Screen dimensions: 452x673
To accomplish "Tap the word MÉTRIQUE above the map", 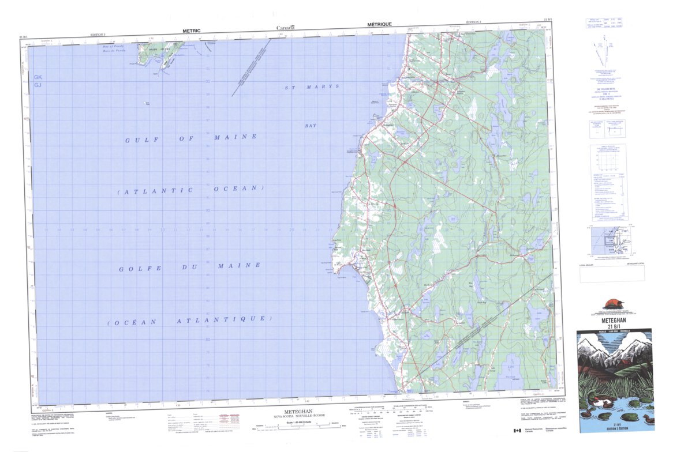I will pos(379,25).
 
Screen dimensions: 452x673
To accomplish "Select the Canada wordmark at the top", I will pos(286,28).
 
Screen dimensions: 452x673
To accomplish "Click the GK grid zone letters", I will pos(38,77).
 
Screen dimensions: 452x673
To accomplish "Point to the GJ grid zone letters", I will pos(38,85).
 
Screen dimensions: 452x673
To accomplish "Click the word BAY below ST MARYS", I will pos(311,125).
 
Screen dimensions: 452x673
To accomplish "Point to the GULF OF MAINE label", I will pos(191,138).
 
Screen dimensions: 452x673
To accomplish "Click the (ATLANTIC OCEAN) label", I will pos(190,190).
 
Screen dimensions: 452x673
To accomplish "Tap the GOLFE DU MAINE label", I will pos(190,267).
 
